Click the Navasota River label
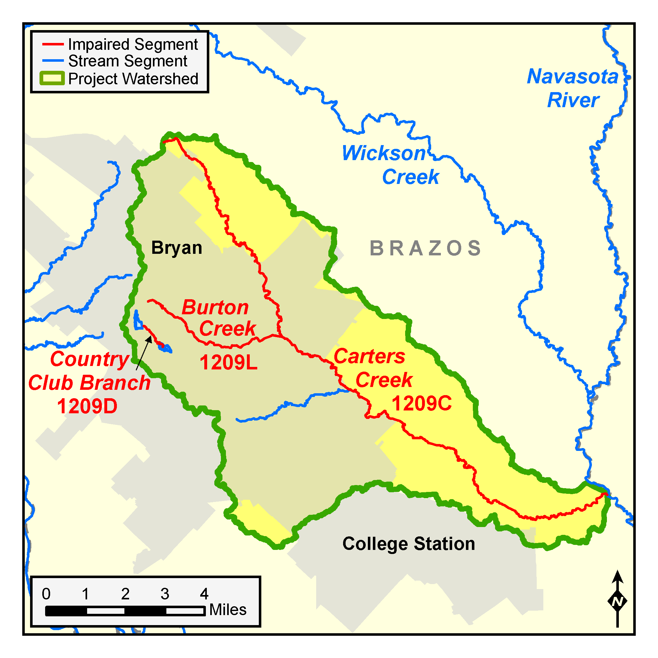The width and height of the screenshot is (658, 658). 572,88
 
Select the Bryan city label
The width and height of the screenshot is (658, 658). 176,248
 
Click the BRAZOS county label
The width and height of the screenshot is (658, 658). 426,248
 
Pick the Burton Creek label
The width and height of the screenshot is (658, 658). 218,318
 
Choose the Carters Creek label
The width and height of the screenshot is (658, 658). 373,368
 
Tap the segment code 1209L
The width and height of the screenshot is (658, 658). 228,363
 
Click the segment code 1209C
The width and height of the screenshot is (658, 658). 421,403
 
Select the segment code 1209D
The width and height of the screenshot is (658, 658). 87,406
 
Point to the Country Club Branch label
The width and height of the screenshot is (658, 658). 89,371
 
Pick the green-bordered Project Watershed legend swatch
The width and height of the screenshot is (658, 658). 52,78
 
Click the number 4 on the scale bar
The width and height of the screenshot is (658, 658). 204,594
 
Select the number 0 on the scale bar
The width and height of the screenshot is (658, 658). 46,594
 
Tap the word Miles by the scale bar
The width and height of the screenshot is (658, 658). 227,610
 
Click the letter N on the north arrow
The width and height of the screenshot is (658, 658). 617,602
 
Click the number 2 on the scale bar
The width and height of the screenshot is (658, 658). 125,594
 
